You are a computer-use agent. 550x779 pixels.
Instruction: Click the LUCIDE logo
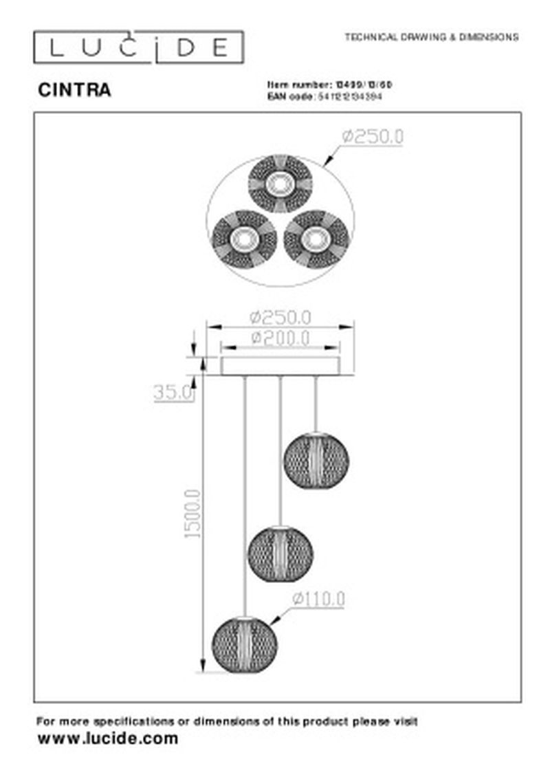[x=138, y=47]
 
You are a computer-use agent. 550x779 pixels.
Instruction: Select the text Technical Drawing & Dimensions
[x=431, y=37]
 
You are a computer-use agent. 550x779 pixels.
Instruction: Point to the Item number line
[x=329, y=84]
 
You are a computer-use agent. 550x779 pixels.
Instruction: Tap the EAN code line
[x=324, y=97]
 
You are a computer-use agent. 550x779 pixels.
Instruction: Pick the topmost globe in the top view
[x=280, y=184]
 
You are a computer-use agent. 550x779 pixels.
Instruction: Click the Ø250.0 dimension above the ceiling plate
[x=280, y=317]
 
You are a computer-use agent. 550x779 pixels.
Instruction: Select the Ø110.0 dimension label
[x=318, y=600]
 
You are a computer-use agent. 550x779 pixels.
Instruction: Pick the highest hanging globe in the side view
[x=316, y=459]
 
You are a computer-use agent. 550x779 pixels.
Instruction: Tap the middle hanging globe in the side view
[x=280, y=551]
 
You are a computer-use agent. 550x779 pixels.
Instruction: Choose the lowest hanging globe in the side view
[x=244, y=644]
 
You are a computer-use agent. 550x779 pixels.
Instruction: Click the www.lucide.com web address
[x=107, y=738]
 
